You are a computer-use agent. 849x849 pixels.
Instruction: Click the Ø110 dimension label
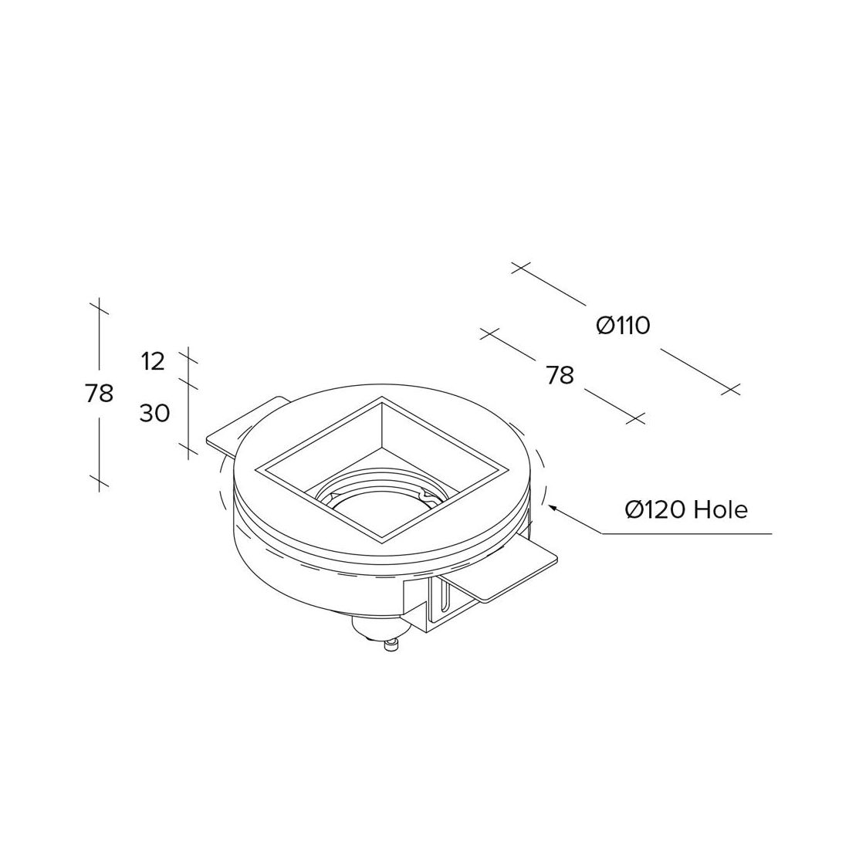pyautogui.click(x=623, y=326)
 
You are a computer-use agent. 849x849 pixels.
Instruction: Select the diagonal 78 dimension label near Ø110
pyautogui.click(x=560, y=375)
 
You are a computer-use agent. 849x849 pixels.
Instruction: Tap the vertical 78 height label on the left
pyautogui.click(x=99, y=393)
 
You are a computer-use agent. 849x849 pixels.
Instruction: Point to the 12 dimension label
pyautogui.click(x=154, y=362)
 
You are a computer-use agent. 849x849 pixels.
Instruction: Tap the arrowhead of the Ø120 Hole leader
pyautogui.click(x=553, y=507)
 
